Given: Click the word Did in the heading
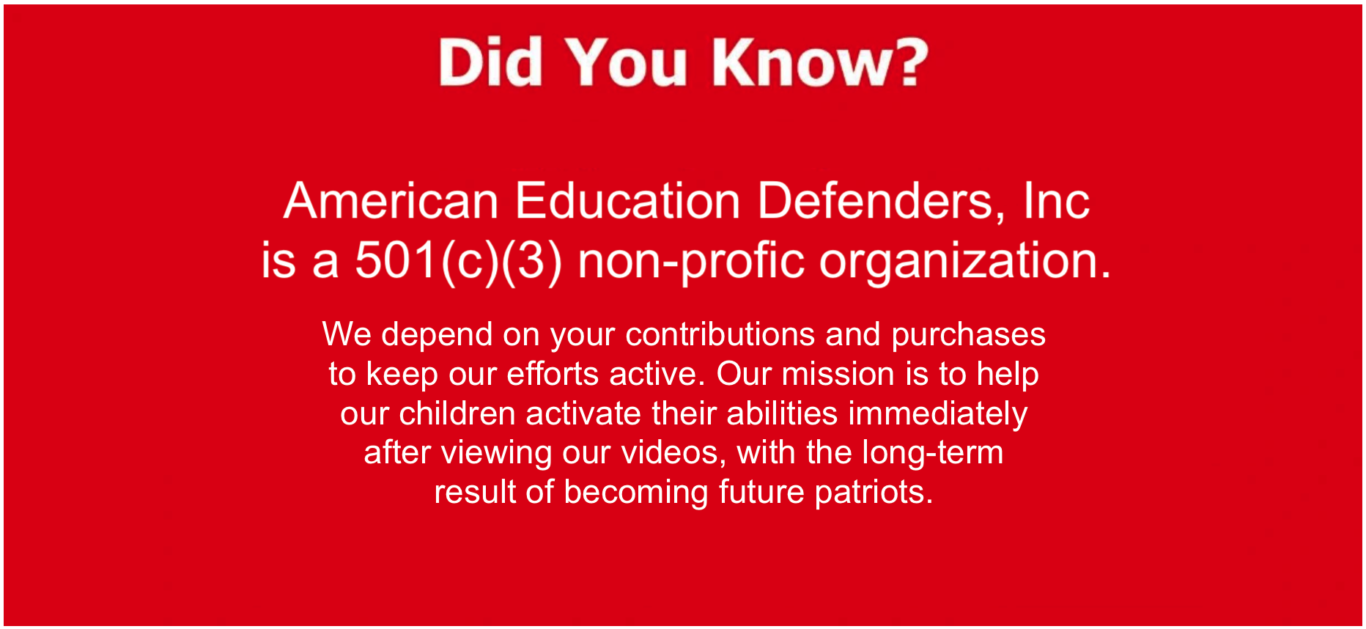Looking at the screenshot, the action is (490, 62).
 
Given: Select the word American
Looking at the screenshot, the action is (391, 200).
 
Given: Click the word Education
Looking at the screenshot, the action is (628, 200).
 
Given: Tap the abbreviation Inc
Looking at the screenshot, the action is (1056, 200).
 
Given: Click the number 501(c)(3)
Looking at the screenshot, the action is (459, 261).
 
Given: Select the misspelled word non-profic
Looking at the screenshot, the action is (692, 261).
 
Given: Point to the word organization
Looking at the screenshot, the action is (965, 261).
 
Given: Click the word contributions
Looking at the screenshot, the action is (720, 334).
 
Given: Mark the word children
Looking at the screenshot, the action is (457, 413).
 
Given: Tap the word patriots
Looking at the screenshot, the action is (874, 493).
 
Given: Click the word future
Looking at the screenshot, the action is (761, 492).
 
